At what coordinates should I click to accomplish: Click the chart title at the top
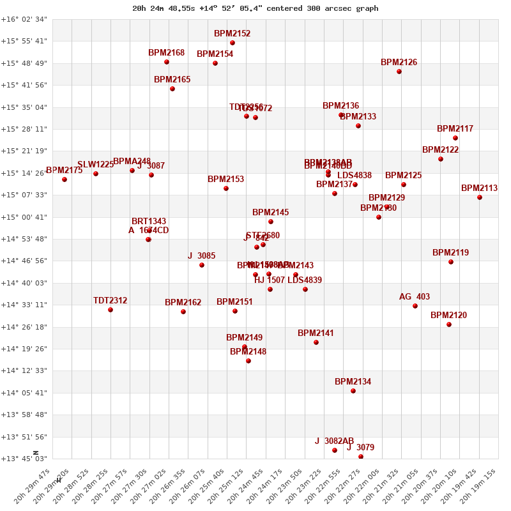pyautogui.click(x=256, y=8)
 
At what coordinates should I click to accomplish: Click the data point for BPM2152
pyautogui.click(x=233, y=43)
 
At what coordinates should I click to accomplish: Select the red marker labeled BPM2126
pyautogui.click(x=399, y=72)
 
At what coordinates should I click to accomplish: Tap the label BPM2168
pyautogui.click(x=166, y=53)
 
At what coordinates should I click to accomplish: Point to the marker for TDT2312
pyautogui.click(x=111, y=310)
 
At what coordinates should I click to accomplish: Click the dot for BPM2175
pyautogui.click(x=65, y=179)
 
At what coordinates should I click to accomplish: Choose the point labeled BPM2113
pyautogui.click(x=480, y=197)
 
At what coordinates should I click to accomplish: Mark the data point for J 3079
pyautogui.click(x=361, y=457)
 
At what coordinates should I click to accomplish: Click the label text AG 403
pyautogui.click(x=415, y=297)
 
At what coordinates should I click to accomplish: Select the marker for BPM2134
pyautogui.click(x=353, y=391)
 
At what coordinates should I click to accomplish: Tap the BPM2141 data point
pyautogui.click(x=316, y=342)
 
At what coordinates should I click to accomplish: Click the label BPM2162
pyautogui.click(x=183, y=303)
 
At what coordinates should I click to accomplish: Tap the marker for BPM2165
pyautogui.click(x=172, y=89)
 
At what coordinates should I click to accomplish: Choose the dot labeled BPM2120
pyautogui.click(x=449, y=324)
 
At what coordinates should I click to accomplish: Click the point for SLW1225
pyautogui.click(x=96, y=174)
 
